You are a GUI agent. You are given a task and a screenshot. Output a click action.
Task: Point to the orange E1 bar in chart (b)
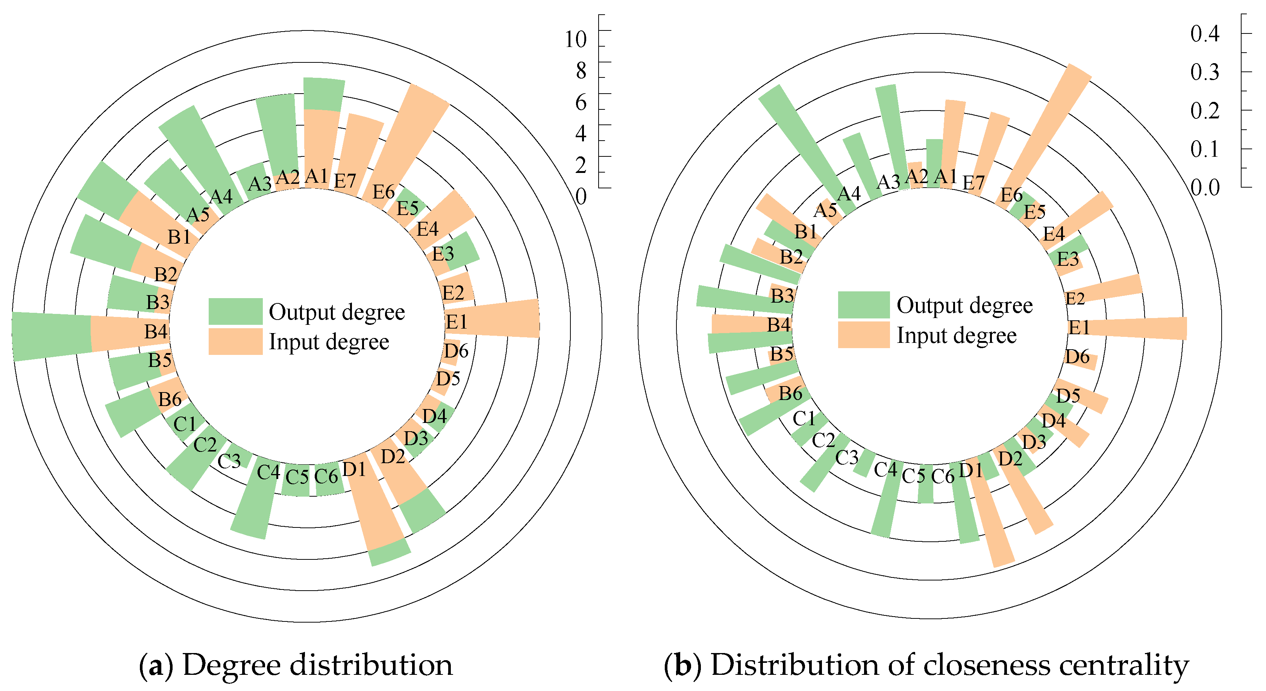(1140, 328)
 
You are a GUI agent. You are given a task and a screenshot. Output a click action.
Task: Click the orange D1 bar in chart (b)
(993, 521)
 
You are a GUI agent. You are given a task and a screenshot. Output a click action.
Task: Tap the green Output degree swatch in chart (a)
(235, 311)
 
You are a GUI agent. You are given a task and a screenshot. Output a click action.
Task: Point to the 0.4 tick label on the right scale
(1205, 33)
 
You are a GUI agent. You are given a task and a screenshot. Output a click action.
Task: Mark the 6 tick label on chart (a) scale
(581, 102)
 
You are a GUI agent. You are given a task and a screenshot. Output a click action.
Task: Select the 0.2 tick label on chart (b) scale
(1205, 111)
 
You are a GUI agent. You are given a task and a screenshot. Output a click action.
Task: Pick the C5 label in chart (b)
(914, 476)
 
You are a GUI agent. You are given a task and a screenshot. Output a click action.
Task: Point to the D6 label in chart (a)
(456, 351)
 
